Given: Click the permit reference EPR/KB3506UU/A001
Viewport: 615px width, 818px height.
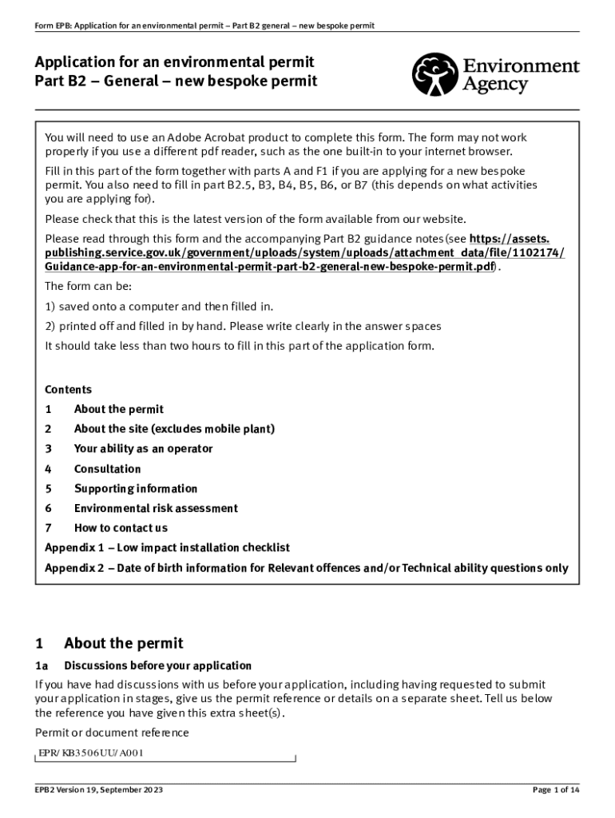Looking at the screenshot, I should [x=92, y=752].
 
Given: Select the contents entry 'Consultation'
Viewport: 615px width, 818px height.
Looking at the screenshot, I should [x=107, y=469].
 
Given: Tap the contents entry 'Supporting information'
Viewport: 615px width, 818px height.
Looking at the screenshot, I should [x=135, y=488].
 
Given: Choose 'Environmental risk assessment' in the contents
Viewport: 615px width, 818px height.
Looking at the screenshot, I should [x=156, y=508].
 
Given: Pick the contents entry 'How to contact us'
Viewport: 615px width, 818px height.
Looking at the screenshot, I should [x=121, y=527].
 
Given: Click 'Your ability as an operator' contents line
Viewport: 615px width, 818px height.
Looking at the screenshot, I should [x=143, y=449].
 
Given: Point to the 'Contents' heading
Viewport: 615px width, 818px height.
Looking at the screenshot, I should [x=68, y=390].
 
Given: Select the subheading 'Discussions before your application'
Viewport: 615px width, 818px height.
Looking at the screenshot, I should [x=157, y=665].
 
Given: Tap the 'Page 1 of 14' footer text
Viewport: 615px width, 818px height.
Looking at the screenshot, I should [x=555, y=790].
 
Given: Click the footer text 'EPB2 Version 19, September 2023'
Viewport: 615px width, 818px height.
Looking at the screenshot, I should [x=99, y=790].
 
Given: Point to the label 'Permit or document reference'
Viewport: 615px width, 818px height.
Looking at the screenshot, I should [x=112, y=733].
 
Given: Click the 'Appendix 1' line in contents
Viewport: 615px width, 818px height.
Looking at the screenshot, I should [x=167, y=547].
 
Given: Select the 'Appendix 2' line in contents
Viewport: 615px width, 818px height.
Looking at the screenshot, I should [x=306, y=568].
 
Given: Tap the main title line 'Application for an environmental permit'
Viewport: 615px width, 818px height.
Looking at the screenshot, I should [x=174, y=62].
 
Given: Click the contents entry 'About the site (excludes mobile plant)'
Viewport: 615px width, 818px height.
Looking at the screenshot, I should [x=174, y=429].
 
